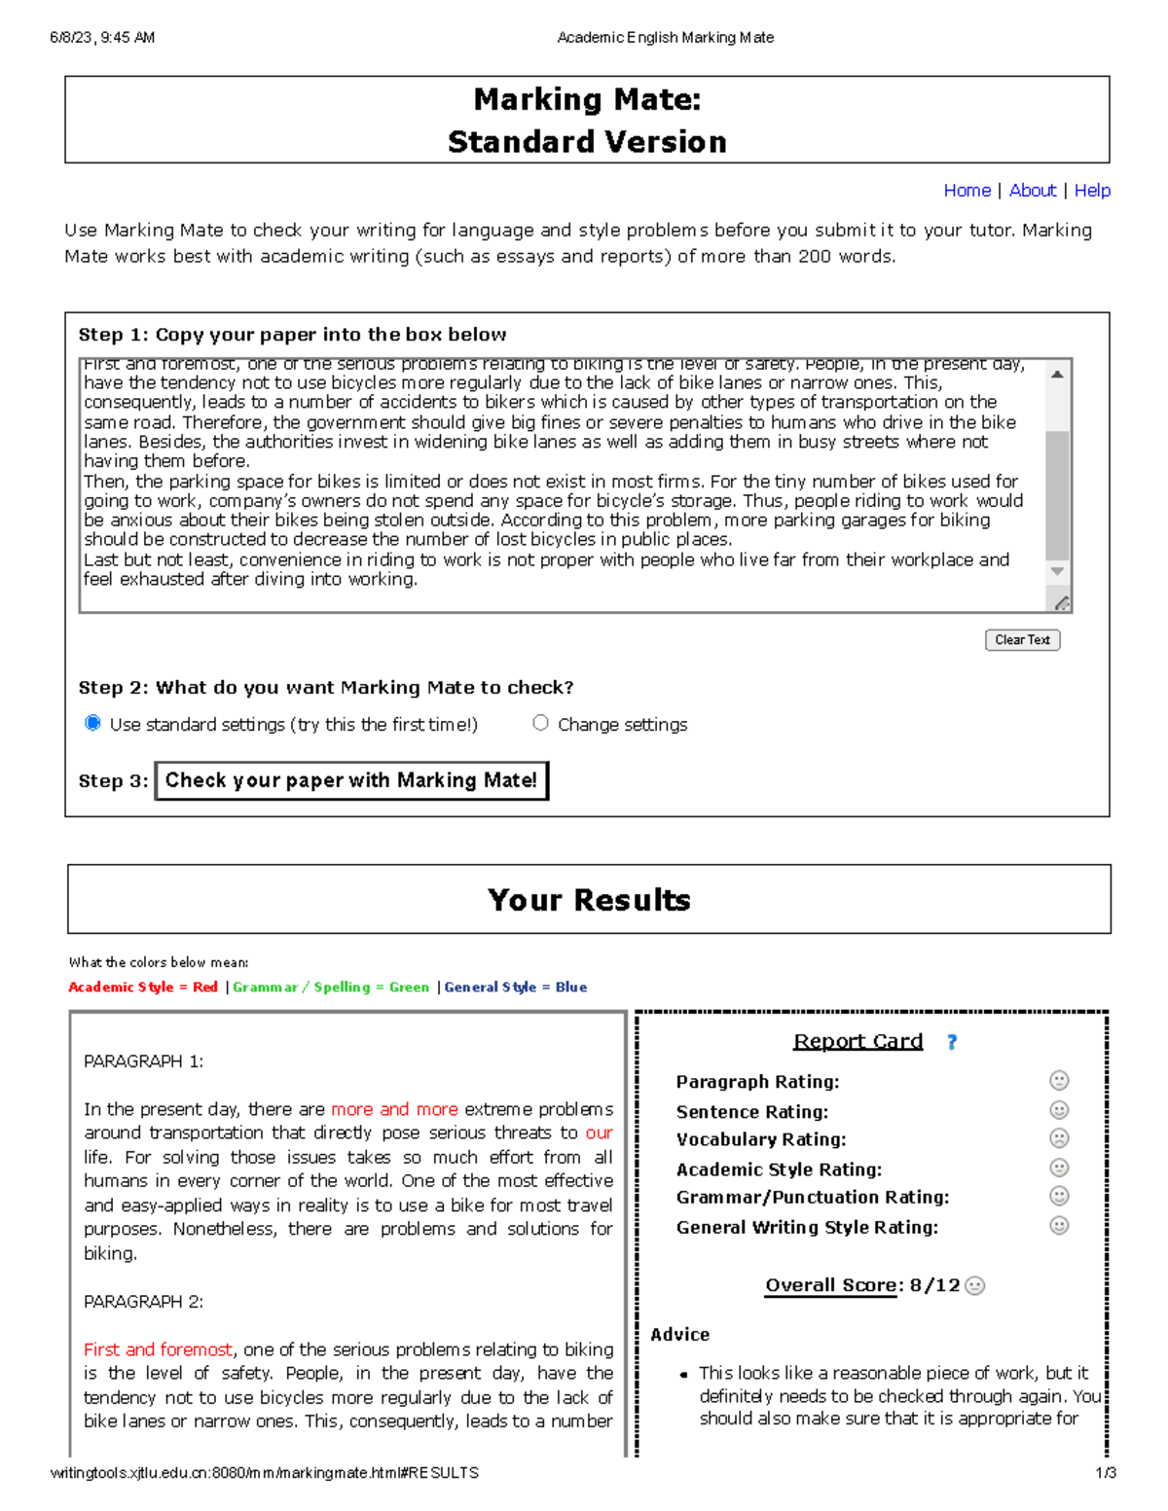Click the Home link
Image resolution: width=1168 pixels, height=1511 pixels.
967,191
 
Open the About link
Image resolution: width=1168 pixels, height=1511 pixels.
1032,191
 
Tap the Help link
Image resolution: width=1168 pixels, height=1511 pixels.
1092,191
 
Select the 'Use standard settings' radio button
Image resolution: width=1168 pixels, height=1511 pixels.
93,723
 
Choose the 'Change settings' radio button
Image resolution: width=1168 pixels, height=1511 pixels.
541,723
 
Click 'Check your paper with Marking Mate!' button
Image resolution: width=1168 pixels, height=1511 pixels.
351,780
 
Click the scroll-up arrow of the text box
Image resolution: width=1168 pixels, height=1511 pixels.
1057,375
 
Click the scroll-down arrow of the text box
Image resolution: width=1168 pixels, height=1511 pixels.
1057,572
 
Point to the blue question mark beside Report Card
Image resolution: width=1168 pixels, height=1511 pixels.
952,1042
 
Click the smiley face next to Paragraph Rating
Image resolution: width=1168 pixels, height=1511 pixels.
1059,1081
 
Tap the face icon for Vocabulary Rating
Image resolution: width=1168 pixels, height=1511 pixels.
1059,1138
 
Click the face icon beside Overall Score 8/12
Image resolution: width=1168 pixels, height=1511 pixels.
975,1285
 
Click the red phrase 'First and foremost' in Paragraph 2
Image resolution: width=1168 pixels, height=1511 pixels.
158,1349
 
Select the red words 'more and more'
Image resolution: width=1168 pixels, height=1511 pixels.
394,1109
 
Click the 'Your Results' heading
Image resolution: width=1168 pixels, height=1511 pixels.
589,900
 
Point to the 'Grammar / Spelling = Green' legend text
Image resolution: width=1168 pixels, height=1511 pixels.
331,987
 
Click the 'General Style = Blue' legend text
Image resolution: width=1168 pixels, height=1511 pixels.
515,987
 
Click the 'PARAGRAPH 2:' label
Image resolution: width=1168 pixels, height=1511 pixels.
143,1302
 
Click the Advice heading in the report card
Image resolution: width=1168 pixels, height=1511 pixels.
679,1335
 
